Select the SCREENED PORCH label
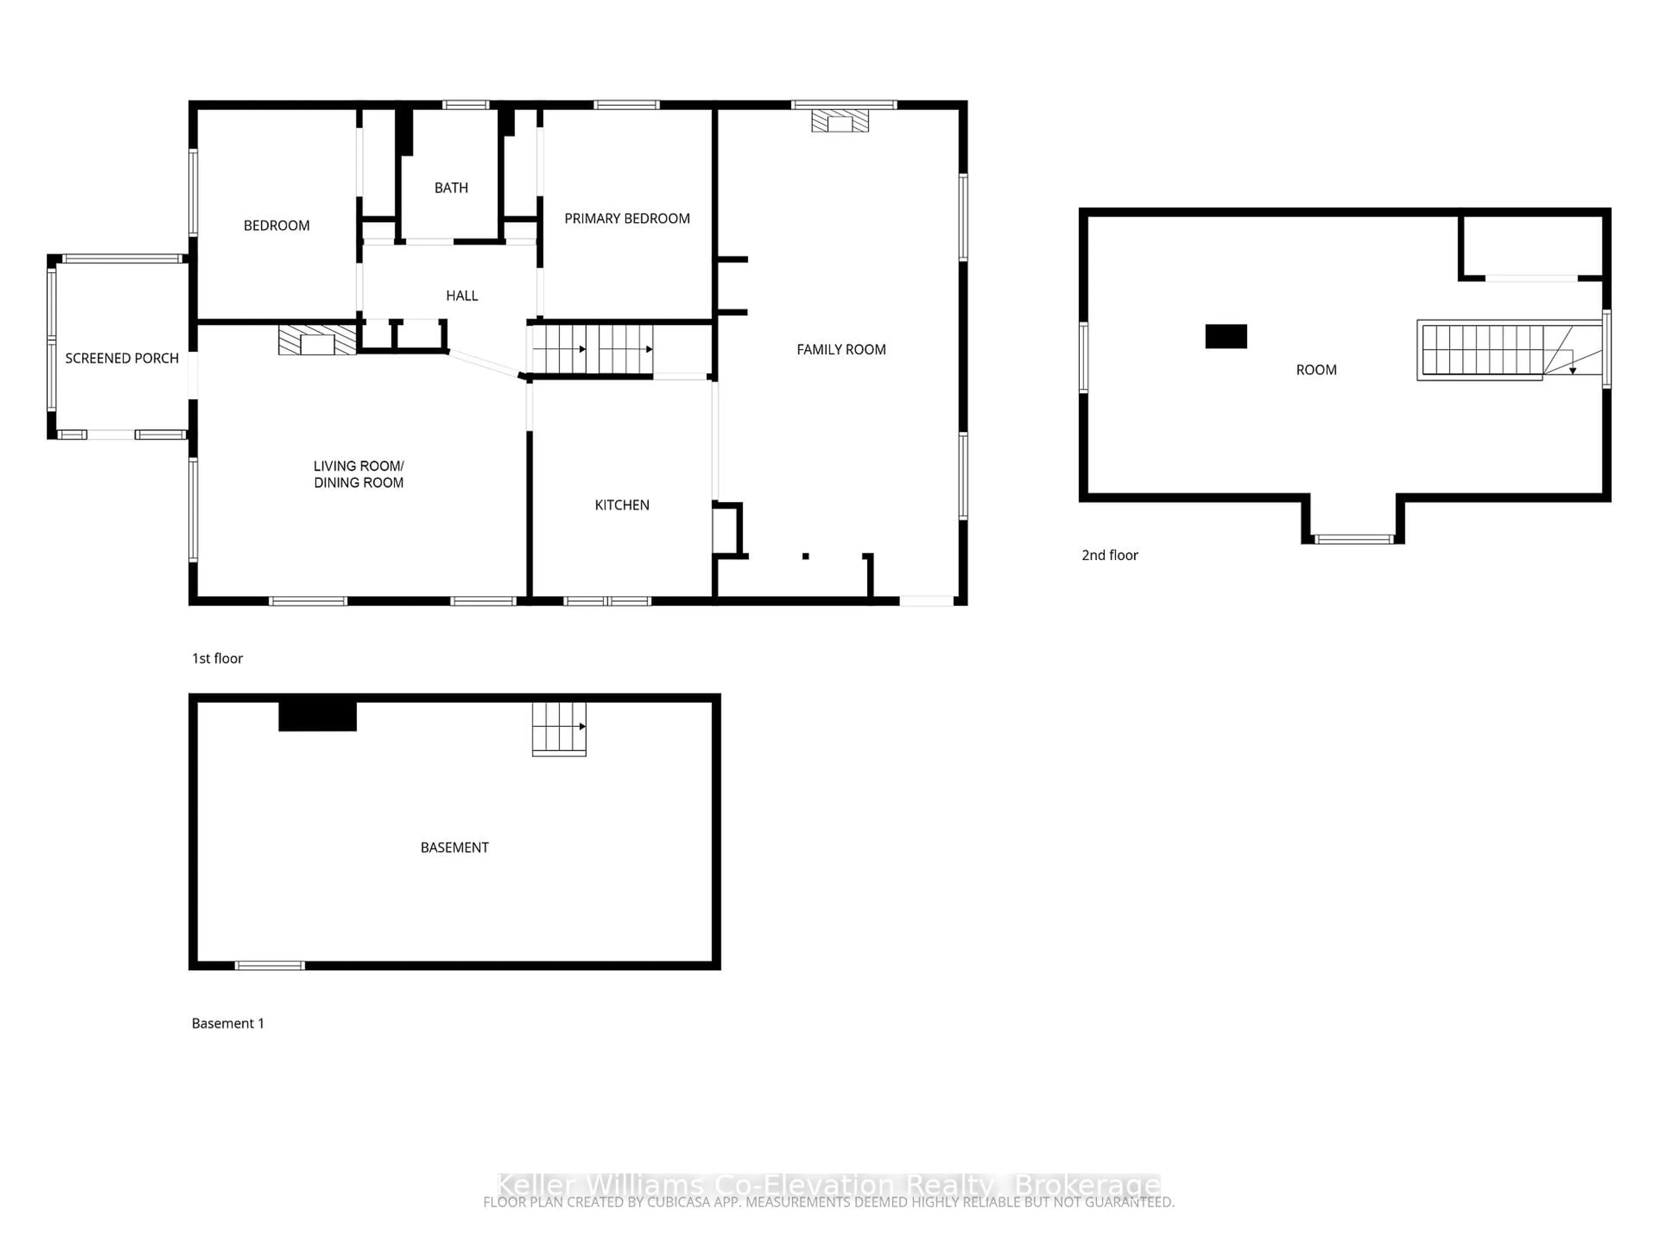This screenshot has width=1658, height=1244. coord(121,359)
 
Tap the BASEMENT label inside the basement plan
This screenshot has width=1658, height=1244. coord(454,848)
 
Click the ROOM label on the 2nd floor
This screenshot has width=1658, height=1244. coord(1316,370)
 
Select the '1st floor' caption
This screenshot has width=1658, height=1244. coord(217,658)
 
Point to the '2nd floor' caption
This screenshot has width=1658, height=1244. coord(1109,555)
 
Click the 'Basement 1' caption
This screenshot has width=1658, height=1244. coord(228,1024)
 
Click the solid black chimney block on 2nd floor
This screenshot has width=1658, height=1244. coord(1225,336)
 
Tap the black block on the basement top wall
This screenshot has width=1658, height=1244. coord(317,716)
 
